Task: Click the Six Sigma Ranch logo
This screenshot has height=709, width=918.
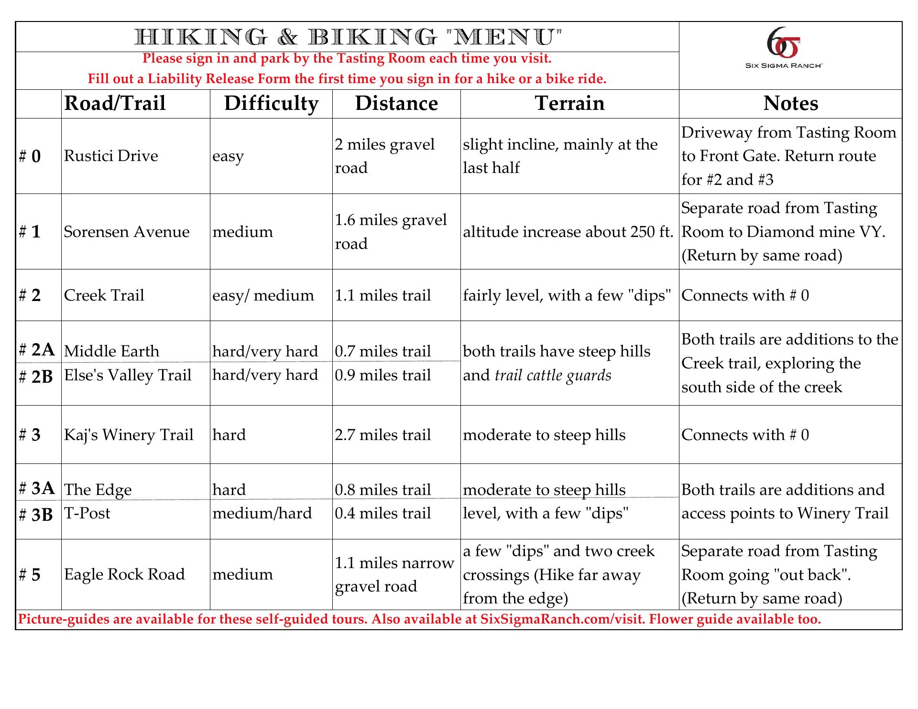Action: pyautogui.click(x=784, y=48)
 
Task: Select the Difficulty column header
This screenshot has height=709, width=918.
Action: pyautogui.click(x=271, y=103)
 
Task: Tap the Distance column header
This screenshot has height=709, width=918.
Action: pyautogui.click(x=396, y=103)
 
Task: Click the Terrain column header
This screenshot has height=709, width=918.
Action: pyautogui.click(x=569, y=103)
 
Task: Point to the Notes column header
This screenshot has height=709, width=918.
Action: pyautogui.click(x=790, y=103)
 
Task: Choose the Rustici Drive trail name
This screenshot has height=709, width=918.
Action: pyautogui.click(x=111, y=156)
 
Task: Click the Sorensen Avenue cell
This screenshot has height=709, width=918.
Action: pyautogui.click(x=127, y=232)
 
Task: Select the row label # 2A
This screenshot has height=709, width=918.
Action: pyautogui.click(x=37, y=350)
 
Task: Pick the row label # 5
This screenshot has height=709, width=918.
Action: pyautogui.click(x=30, y=575)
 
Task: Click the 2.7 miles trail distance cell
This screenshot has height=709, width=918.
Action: pyautogui.click(x=383, y=435)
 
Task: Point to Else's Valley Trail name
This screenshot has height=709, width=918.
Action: pyautogui.click(x=128, y=375)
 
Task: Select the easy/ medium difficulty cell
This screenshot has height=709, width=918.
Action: pyautogui.click(x=263, y=295)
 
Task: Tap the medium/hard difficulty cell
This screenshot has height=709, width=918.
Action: pyautogui.click(x=262, y=513)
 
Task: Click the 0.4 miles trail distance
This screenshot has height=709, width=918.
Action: pyautogui.click(x=383, y=513)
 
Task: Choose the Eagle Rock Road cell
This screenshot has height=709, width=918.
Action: pyautogui.click(x=124, y=574)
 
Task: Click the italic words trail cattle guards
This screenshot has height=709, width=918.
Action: pyautogui.click(x=553, y=376)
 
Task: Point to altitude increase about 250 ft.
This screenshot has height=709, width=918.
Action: pyautogui.click(x=568, y=232)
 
